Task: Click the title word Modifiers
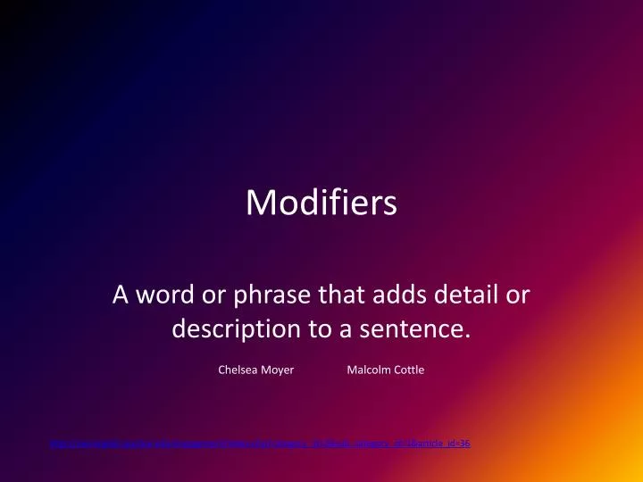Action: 321,204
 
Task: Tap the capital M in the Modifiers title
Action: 260,204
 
